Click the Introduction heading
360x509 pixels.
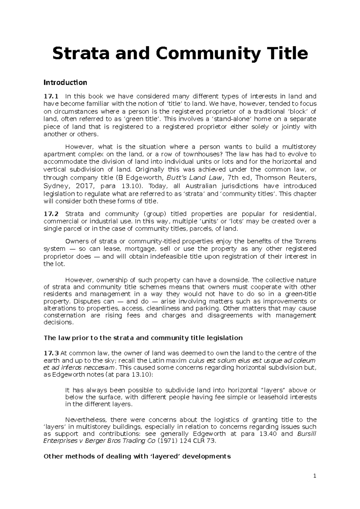point(65,82)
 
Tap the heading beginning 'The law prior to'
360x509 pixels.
point(143,338)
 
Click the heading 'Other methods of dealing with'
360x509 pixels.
point(137,456)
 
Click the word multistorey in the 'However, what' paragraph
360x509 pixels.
point(298,147)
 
